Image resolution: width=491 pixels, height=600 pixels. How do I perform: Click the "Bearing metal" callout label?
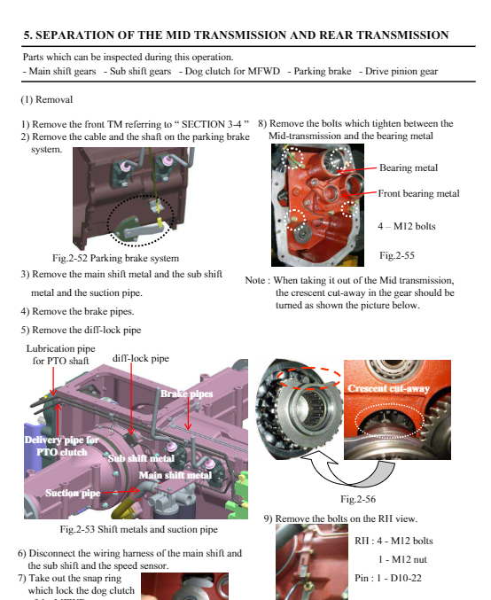point(409,168)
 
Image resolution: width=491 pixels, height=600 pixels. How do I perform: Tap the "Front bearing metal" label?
point(418,193)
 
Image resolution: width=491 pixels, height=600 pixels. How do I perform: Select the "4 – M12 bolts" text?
point(407,226)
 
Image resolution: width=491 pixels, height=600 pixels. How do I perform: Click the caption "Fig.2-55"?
point(397,255)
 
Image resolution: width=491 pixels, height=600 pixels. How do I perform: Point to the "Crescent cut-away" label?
point(388,388)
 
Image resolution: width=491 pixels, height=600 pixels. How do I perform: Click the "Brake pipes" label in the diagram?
point(186,394)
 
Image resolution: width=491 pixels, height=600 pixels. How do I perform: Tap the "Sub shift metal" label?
point(141,458)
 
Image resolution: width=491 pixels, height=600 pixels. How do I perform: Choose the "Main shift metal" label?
point(175,475)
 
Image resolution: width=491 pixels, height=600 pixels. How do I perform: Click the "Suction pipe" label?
point(73,493)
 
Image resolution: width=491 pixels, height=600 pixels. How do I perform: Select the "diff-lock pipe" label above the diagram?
point(140,359)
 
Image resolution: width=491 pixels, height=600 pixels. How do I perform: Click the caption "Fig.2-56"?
point(358,499)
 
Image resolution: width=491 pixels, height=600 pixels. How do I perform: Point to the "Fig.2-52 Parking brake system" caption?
point(115,258)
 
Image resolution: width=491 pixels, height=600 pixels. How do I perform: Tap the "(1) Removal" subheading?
point(47,100)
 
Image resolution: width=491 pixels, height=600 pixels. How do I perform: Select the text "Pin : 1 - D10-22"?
point(387,578)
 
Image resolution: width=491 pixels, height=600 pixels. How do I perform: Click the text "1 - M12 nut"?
point(402,559)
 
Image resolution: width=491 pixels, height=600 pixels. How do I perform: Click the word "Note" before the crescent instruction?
point(254,280)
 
